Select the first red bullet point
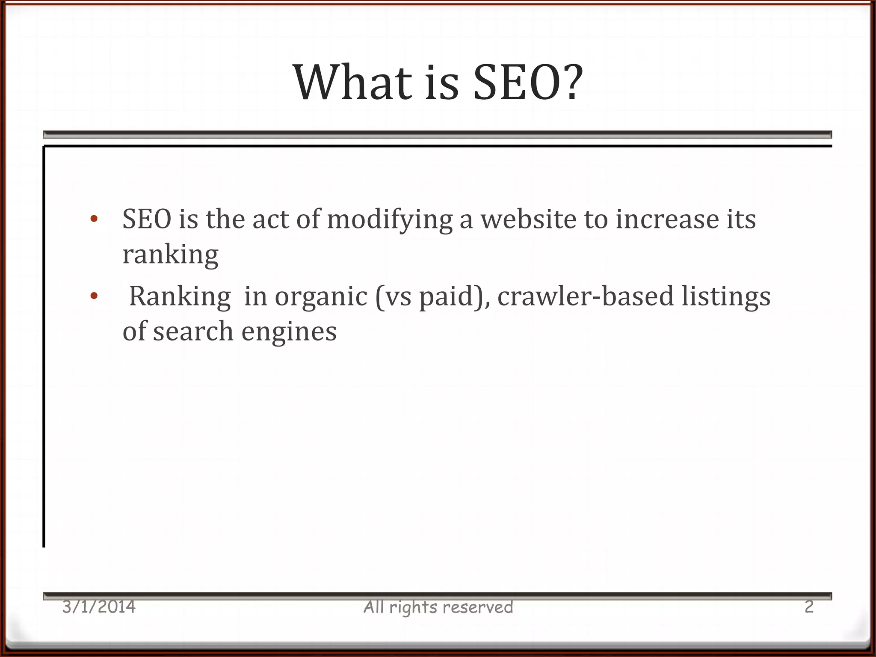94,219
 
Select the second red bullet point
94,296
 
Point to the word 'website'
528,219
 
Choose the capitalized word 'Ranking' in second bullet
180,296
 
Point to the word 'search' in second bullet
193,332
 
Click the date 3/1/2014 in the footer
99,607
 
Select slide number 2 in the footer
808,607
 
